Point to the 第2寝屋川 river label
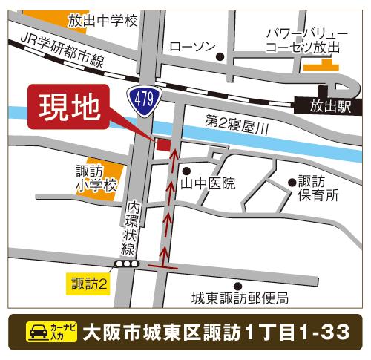click(235, 128)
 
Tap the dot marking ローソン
click(220, 56)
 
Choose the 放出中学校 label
click(103, 21)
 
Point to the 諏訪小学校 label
click(96, 177)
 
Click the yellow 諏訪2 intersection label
click(90, 283)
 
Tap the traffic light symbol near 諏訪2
click(126, 264)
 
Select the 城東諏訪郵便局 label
click(240, 299)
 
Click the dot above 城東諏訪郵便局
click(237, 285)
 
